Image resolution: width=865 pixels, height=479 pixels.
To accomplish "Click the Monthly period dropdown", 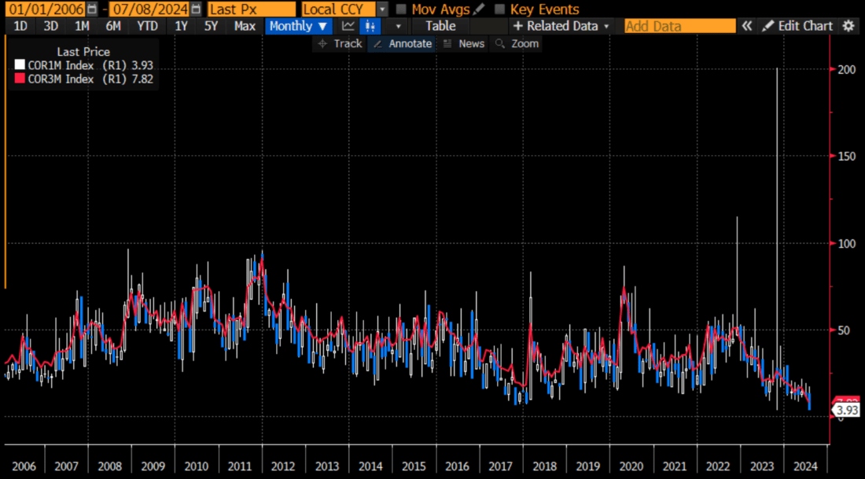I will click(x=298, y=26).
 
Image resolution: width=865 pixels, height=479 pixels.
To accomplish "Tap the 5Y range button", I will click(x=211, y=26).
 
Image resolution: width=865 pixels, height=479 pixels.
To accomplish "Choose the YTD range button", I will click(x=147, y=26).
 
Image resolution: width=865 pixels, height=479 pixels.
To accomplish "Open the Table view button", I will click(x=440, y=26).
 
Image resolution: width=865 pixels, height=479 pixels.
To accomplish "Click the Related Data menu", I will click(x=561, y=26).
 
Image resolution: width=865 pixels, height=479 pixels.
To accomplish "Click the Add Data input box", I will click(x=679, y=26).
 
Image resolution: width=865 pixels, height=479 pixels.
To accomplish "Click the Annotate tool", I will click(x=403, y=43).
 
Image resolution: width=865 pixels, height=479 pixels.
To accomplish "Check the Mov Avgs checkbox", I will click(x=402, y=9).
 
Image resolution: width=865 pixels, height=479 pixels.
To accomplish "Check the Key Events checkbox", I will click(x=500, y=9).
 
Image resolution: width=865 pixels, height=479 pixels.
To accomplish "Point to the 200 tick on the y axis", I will click(x=846, y=69).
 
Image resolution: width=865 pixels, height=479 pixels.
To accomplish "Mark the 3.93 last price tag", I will click(x=846, y=411).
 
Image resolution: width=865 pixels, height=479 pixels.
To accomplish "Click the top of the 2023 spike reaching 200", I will click(x=777, y=69).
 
